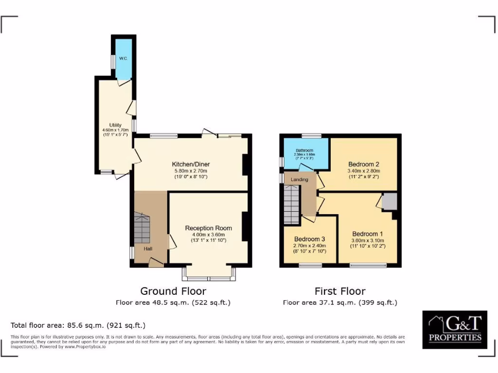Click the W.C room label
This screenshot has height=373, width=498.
(x=124, y=59)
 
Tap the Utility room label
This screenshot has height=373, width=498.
(x=115, y=125)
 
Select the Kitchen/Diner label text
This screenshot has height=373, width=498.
(x=191, y=164)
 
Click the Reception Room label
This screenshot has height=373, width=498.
(x=208, y=228)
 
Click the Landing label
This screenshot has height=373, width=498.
(x=299, y=180)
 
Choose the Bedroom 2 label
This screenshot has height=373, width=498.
(x=363, y=164)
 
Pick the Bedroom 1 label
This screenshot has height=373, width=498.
(x=367, y=233)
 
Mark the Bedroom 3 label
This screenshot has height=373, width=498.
(x=309, y=239)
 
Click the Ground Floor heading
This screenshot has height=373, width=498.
(x=173, y=291)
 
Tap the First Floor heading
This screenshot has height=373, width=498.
(x=340, y=291)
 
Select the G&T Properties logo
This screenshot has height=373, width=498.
(x=454, y=330)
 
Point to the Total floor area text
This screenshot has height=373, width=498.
(x=78, y=325)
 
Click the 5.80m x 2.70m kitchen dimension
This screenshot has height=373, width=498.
(x=191, y=171)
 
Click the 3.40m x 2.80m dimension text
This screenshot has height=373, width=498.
(x=363, y=171)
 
